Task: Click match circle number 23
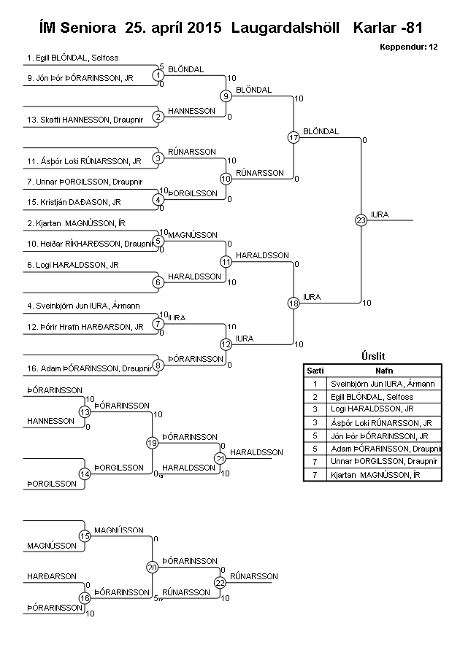pyautogui.click(x=360, y=220)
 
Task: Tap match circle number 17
pyautogui.click(x=294, y=137)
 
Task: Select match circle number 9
pyautogui.click(x=226, y=96)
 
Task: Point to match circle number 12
pyautogui.click(x=226, y=344)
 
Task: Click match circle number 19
pyautogui.click(x=152, y=442)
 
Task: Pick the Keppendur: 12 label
pyautogui.click(x=409, y=47)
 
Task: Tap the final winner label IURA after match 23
pyautogui.click(x=380, y=214)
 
